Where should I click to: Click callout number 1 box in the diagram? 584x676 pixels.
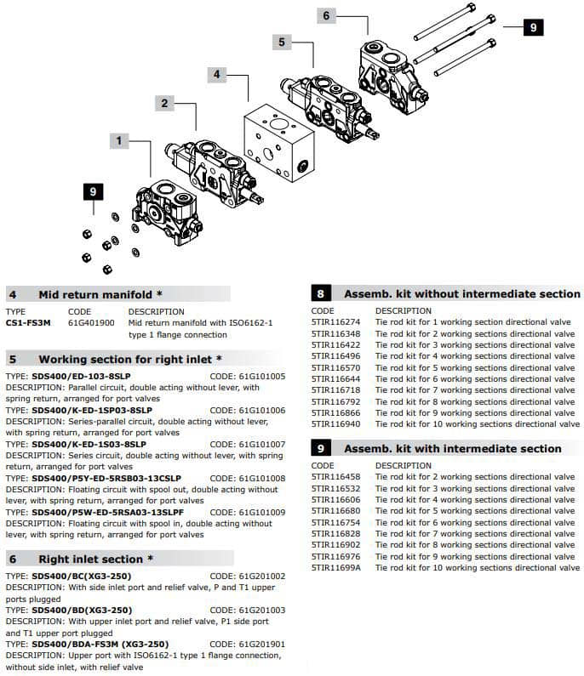coord(120,139)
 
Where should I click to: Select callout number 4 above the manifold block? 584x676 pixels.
coord(217,75)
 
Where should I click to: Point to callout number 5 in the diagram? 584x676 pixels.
coord(283,42)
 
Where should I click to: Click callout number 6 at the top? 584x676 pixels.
coord(325,15)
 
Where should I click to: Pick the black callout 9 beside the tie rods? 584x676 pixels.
coord(532,27)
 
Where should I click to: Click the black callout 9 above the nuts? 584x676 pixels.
coord(93,192)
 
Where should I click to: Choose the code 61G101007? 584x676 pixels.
coord(259,444)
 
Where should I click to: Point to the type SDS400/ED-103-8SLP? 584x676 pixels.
coord(82,376)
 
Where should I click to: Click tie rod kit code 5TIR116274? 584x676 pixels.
coord(335,322)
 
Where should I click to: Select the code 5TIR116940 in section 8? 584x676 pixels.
coord(335,423)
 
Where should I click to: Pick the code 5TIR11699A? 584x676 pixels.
coord(335,567)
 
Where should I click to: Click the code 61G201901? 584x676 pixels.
coord(259,644)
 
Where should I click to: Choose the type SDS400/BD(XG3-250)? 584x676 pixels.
coord(82,610)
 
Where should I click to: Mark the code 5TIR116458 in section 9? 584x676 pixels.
coord(335,477)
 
